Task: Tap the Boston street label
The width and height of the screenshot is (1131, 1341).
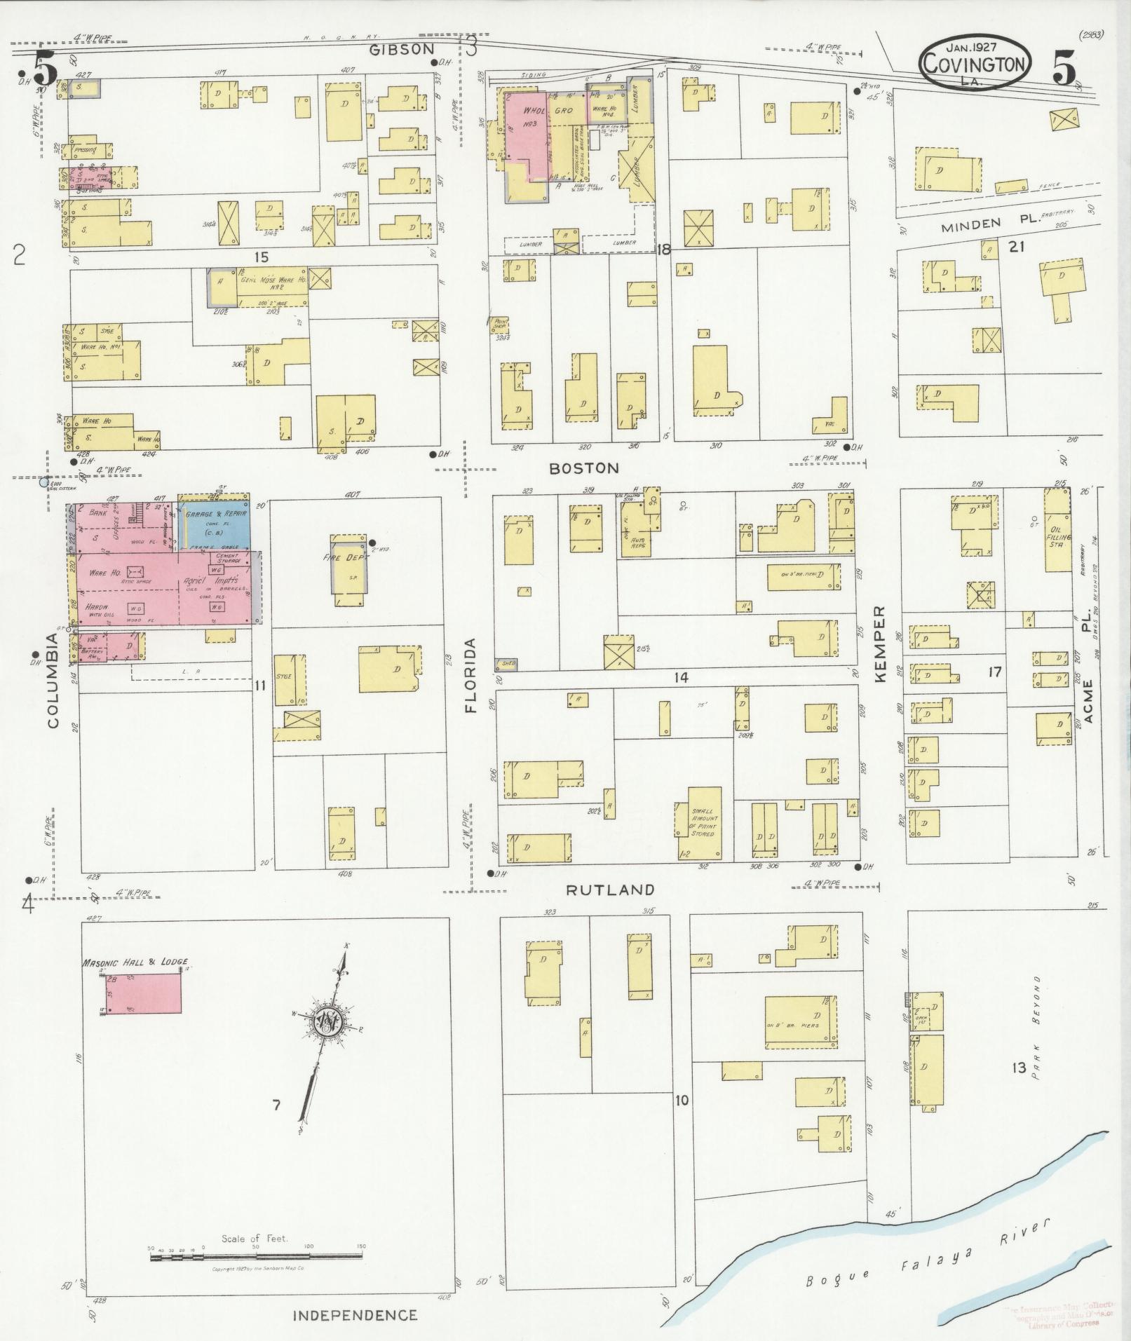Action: (x=583, y=468)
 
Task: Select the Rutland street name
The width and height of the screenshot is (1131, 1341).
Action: (x=610, y=890)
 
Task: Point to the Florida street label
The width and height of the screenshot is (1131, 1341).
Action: (x=470, y=675)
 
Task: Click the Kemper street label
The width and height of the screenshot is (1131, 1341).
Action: (x=881, y=644)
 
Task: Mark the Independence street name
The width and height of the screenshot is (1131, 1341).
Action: (x=354, y=1316)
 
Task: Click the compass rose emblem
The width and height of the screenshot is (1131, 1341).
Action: (x=327, y=1020)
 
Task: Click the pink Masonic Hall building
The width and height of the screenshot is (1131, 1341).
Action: (x=144, y=993)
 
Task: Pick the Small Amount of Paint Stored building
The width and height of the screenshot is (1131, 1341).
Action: (x=698, y=822)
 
